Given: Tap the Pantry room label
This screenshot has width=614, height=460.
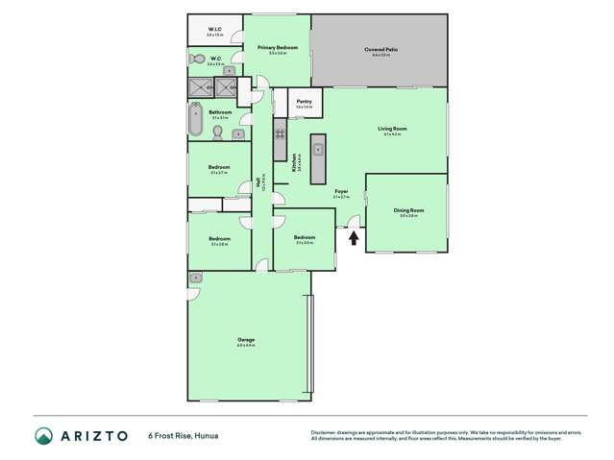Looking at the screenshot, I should [304, 101].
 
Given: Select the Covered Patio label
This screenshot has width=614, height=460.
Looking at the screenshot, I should [380, 49].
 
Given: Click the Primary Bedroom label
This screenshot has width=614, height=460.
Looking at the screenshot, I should [277, 47].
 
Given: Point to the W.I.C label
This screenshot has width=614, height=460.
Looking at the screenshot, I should [215, 30].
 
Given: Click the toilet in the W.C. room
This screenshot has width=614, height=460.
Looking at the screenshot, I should [198, 60].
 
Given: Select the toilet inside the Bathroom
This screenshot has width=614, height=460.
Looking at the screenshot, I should [218, 133].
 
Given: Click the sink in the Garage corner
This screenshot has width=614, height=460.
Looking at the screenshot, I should [196, 277].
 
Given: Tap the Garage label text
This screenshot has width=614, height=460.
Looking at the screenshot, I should [246, 340].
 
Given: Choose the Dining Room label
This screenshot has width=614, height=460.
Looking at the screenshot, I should [408, 210].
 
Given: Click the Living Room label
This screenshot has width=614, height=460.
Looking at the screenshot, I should [391, 129].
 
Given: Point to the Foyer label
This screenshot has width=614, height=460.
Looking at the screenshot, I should [340, 192].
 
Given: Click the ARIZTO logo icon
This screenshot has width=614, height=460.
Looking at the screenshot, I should [42, 436].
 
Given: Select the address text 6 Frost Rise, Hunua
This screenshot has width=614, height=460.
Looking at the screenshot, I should [184, 436].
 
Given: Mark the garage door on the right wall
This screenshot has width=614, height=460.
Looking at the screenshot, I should [309, 345].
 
